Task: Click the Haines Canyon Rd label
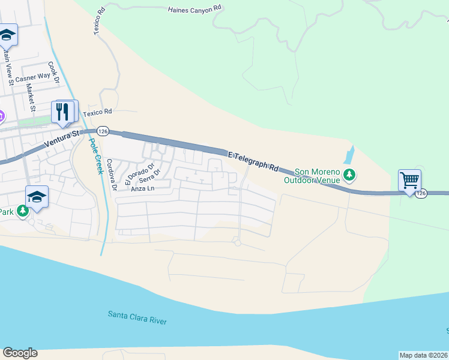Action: coord(195,10)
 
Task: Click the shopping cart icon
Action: coord(409,179)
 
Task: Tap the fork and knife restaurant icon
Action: coord(63,111)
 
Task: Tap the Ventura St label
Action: coord(62,140)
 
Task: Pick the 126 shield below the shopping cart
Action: coord(421,193)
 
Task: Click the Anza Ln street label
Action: coord(143,188)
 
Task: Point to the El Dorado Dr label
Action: coord(139,173)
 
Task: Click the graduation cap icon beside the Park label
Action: coord(37,197)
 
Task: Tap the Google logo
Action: coord(20,353)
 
